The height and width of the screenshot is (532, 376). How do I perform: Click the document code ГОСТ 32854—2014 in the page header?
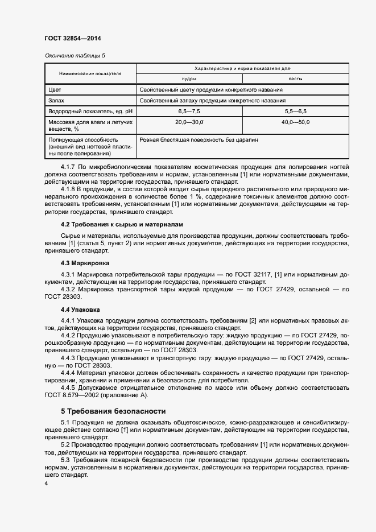(73, 38)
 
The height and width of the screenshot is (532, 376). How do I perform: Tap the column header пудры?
(189, 79)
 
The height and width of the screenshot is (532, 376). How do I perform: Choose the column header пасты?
(295, 79)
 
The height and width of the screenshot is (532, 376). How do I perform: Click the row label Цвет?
(55, 90)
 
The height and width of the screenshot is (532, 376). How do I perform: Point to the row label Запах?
(57, 101)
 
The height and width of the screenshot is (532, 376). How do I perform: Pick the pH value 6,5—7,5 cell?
(189, 112)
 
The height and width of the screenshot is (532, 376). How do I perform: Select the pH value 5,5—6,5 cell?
(295, 112)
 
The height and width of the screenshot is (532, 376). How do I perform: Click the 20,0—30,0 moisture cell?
(189, 122)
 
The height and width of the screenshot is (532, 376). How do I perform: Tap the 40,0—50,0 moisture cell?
(295, 122)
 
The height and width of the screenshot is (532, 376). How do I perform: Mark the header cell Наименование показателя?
(90, 73)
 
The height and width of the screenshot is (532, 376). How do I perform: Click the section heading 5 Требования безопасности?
(113, 410)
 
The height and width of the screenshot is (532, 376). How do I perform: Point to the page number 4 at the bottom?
(46, 483)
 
